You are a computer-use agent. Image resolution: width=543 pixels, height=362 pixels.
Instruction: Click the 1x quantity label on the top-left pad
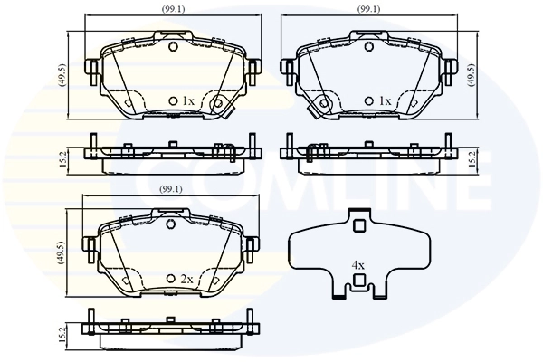[x=188, y=100]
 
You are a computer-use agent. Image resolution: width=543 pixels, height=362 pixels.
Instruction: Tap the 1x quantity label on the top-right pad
[x=385, y=100]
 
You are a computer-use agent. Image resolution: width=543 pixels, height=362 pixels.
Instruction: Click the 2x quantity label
[x=188, y=280]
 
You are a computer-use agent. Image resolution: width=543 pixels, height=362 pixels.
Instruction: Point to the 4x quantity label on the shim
[x=358, y=265]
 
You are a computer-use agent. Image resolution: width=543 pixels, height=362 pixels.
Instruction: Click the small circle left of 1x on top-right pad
[x=369, y=100]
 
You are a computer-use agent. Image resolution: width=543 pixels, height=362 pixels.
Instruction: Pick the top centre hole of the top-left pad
[x=173, y=45]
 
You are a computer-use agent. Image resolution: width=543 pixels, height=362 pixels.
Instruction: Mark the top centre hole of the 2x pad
[x=173, y=224]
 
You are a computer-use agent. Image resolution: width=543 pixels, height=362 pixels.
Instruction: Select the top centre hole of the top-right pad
[x=369, y=45]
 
